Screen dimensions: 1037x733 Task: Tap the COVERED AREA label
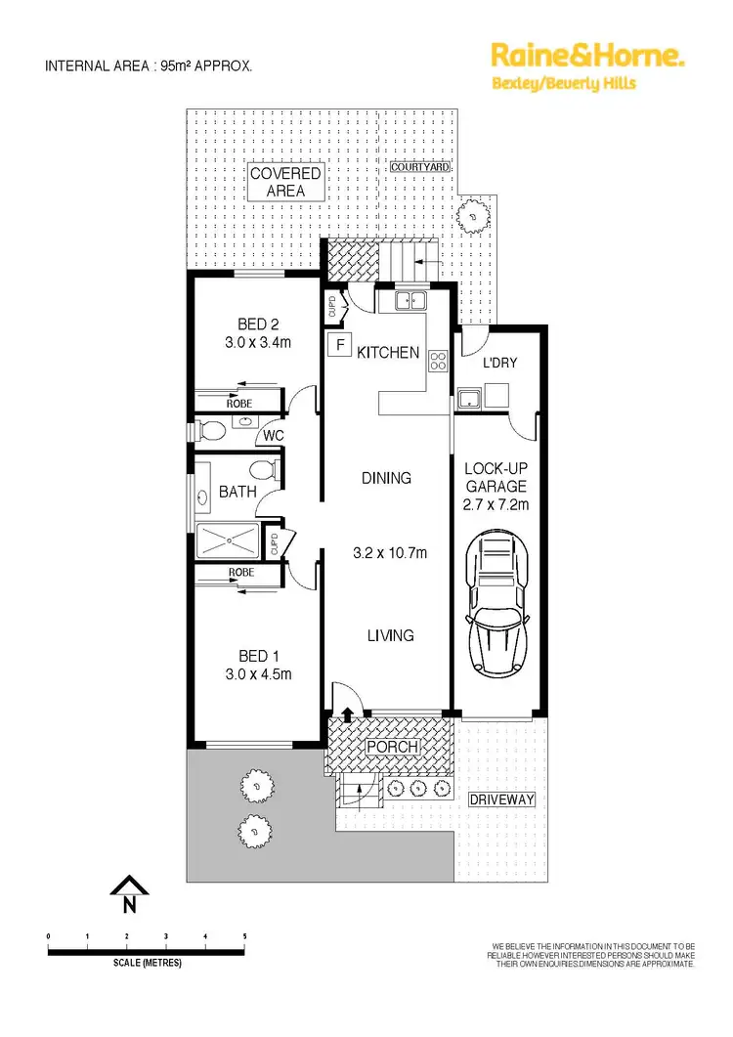(285, 183)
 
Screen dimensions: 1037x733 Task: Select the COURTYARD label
(420, 167)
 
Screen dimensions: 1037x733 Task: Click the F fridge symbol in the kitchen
(340, 344)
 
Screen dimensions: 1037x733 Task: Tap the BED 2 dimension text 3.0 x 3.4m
(258, 343)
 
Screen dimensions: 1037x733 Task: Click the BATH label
(237, 492)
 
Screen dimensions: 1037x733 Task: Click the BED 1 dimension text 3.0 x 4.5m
(258, 674)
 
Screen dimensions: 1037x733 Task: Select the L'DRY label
(499, 363)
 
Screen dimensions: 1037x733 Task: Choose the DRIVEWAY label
(502, 799)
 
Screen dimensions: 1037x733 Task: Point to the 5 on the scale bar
(244, 936)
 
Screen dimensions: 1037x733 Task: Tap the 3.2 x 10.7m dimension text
(388, 554)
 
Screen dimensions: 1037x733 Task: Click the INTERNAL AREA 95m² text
(150, 66)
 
